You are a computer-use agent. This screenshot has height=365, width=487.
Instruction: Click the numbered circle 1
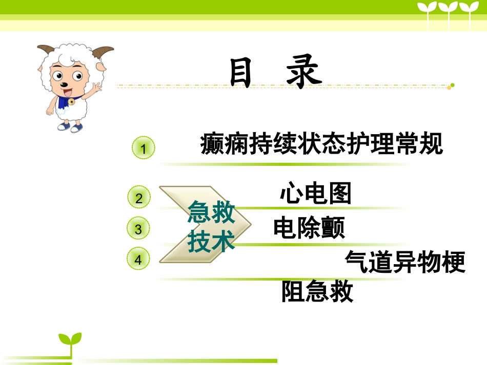[144, 148]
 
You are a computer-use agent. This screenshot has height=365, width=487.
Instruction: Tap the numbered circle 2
[139, 198]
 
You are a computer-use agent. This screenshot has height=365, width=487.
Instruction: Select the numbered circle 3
[138, 229]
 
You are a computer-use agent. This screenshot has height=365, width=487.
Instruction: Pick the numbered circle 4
[138, 260]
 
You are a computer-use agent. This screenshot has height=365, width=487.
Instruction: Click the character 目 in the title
[241, 73]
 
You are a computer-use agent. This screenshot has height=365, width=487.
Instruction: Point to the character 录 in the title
[304, 73]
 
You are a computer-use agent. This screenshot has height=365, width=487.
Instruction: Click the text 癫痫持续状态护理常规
[321, 144]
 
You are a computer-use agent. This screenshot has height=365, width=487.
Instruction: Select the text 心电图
[316, 194]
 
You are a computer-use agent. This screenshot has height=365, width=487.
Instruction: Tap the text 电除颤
[309, 228]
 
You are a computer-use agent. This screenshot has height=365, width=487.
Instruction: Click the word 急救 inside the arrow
[211, 212]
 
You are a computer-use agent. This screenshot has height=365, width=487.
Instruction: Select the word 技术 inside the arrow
[211, 241]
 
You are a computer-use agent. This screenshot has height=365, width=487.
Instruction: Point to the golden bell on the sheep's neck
[71, 102]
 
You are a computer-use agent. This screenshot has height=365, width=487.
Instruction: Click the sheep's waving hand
[96, 87]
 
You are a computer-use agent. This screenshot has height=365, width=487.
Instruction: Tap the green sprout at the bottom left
[70, 340]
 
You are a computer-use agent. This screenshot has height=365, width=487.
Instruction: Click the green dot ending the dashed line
[453, 85]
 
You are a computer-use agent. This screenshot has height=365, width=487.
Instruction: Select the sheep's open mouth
[67, 93]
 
